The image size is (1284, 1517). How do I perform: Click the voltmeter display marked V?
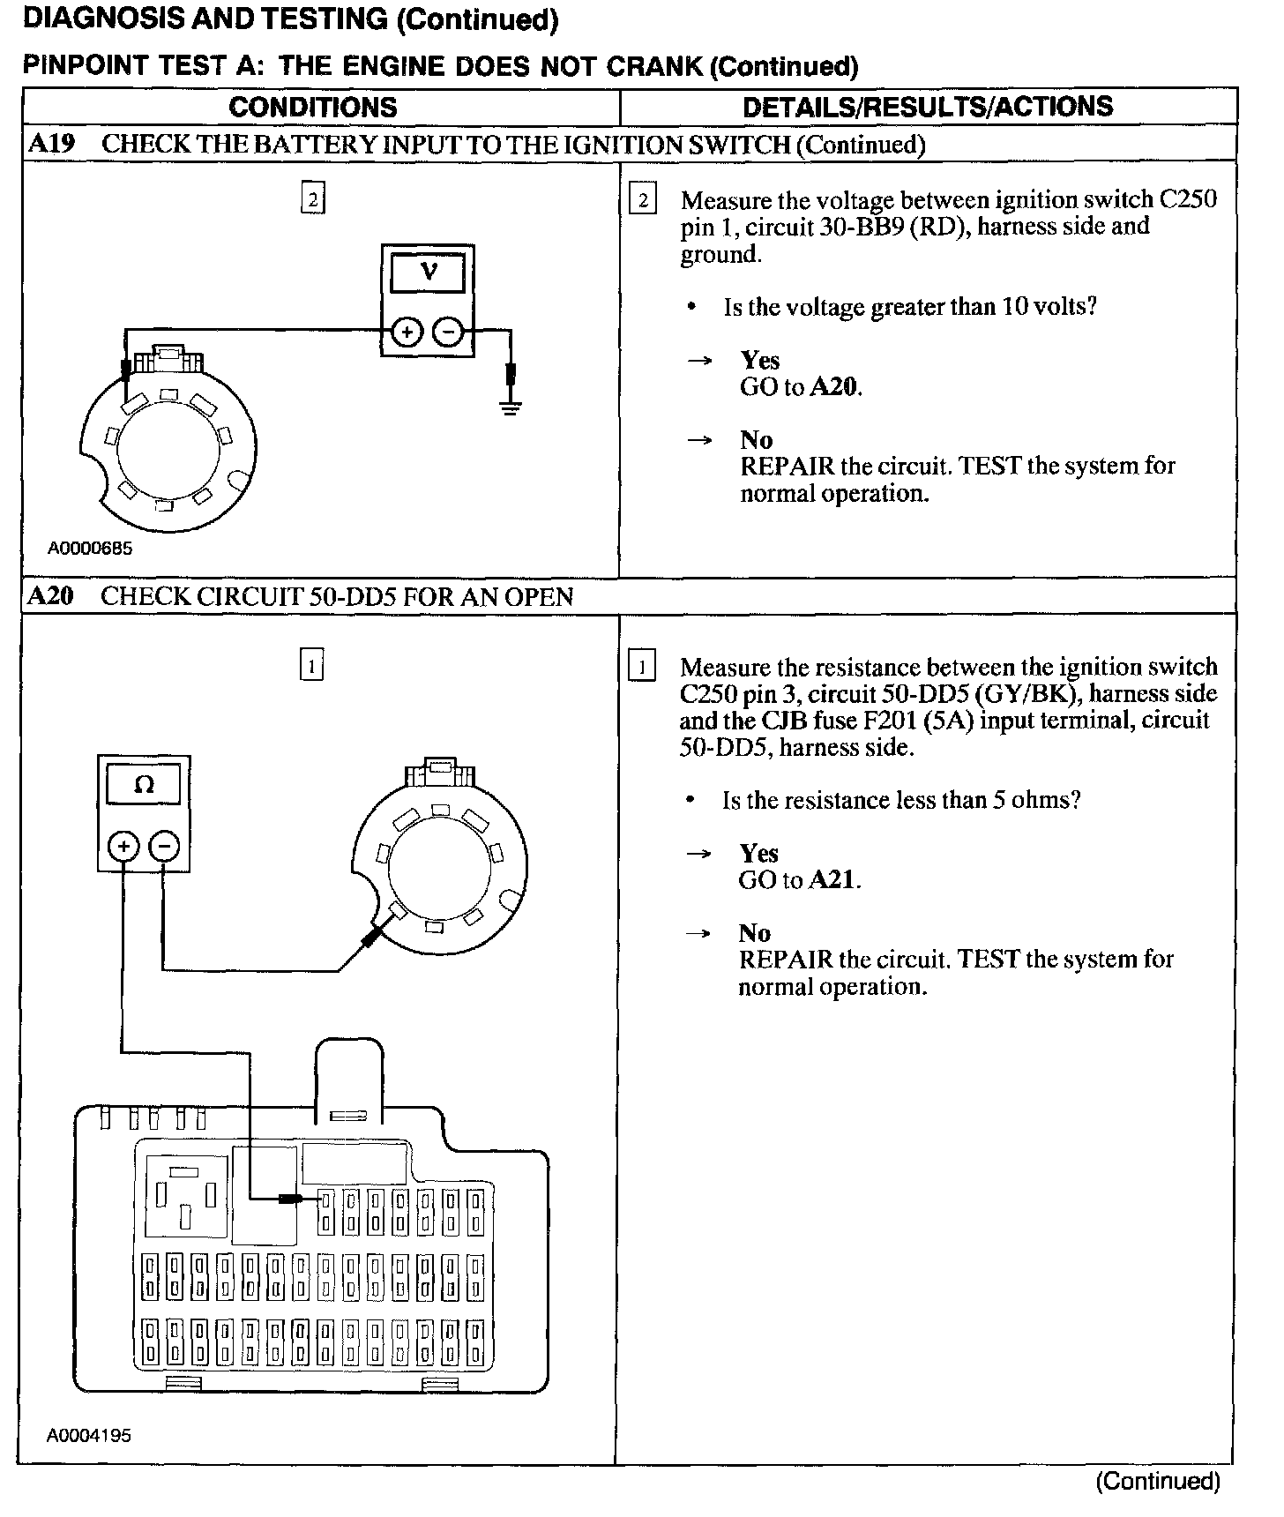click(428, 273)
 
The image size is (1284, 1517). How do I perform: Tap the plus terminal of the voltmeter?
click(407, 333)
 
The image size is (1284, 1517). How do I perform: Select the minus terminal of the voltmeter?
click(449, 333)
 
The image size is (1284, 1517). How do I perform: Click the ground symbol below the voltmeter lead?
click(511, 407)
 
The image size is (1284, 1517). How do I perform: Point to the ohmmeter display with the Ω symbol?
click(144, 784)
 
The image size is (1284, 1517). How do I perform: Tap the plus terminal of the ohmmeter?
click(123, 847)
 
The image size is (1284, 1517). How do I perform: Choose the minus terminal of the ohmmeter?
click(164, 847)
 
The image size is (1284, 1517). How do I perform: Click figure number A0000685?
click(90, 549)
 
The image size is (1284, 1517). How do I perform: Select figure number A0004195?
click(89, 1435)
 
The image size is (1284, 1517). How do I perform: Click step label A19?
click(51, 145)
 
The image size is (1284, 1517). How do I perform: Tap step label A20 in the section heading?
click(50, 596)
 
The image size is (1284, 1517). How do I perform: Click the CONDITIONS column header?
click(313, 108)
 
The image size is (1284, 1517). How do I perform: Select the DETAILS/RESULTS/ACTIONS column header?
click(928, 107)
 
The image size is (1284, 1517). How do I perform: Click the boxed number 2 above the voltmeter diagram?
click(313, 199)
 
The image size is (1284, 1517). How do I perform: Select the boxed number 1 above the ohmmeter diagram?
click(312, 665)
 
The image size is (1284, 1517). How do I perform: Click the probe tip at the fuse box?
click(293, 1199)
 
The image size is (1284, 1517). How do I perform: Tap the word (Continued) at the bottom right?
click(1157, 1482)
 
